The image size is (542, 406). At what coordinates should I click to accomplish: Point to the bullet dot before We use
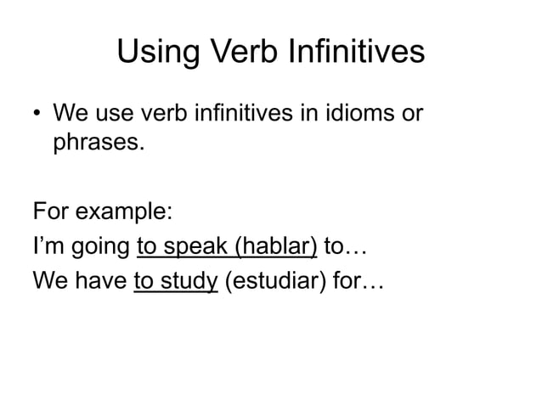37,113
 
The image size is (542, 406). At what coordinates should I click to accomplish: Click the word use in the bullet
114,113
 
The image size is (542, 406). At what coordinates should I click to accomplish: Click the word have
99,281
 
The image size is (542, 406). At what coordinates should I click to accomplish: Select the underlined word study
188,283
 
